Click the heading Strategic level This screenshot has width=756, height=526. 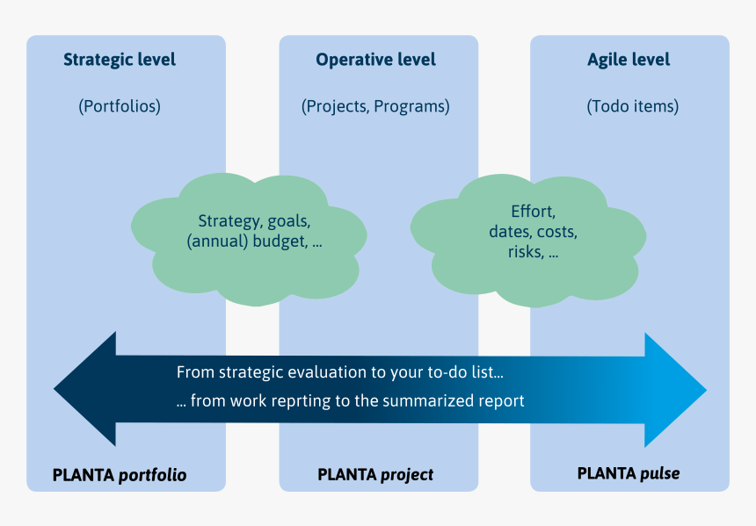tap(120, 60)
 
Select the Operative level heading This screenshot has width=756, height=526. tap(375, 60)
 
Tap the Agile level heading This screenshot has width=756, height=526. tap(629, 60)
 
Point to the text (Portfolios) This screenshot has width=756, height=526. tap(120, 106)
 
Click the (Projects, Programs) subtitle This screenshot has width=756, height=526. tap(375, 106)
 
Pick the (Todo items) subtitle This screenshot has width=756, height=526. tap(633, 106)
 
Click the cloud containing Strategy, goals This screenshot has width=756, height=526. tap(249, 240)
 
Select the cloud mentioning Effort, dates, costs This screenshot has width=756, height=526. tap(528, 241)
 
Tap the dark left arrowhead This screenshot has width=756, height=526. tap(85, 389)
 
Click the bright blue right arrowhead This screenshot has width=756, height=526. tap(675, 390)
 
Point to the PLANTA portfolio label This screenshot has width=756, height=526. tap(120, 475)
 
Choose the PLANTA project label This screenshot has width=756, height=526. tap(375, 475)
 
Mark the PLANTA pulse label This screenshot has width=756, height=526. tap(629, 473)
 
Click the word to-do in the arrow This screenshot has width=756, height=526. tap(434, 372)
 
